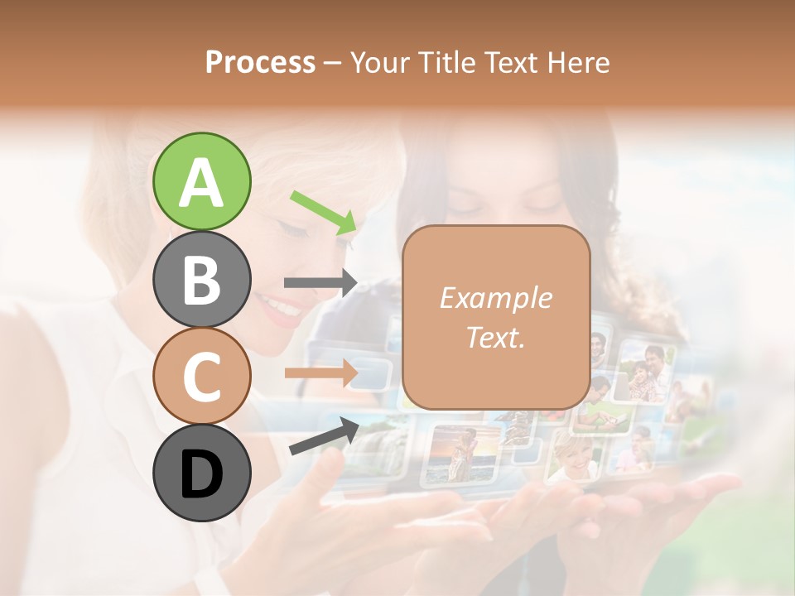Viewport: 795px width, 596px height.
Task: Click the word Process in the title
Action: [x=260, y=62]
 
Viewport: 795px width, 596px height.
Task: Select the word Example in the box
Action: [x=495, y=298]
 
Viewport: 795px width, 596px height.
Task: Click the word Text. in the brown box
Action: [x=495, y=337]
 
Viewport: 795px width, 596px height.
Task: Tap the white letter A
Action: [x=201, y=183]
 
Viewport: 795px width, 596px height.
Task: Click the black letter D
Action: [x=201, y=474]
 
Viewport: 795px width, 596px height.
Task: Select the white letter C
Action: [x=201, y=377]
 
